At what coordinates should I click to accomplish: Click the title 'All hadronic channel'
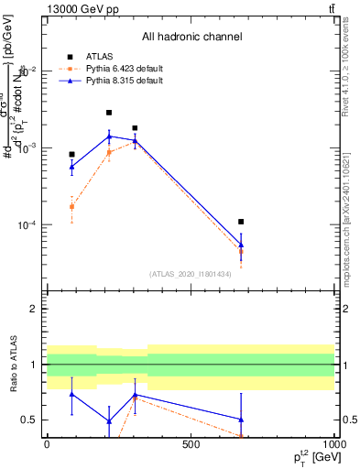click(191, 37)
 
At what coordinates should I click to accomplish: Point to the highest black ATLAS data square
click(109, 113)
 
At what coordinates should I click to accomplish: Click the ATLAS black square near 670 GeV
click(241, 222)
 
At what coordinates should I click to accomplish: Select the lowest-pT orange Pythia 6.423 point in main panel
click(71, 207)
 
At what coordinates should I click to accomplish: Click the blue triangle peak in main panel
click(109, 136)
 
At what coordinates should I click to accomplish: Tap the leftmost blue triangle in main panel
click(71, 167)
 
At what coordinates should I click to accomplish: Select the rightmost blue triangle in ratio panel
click(241, 420)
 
